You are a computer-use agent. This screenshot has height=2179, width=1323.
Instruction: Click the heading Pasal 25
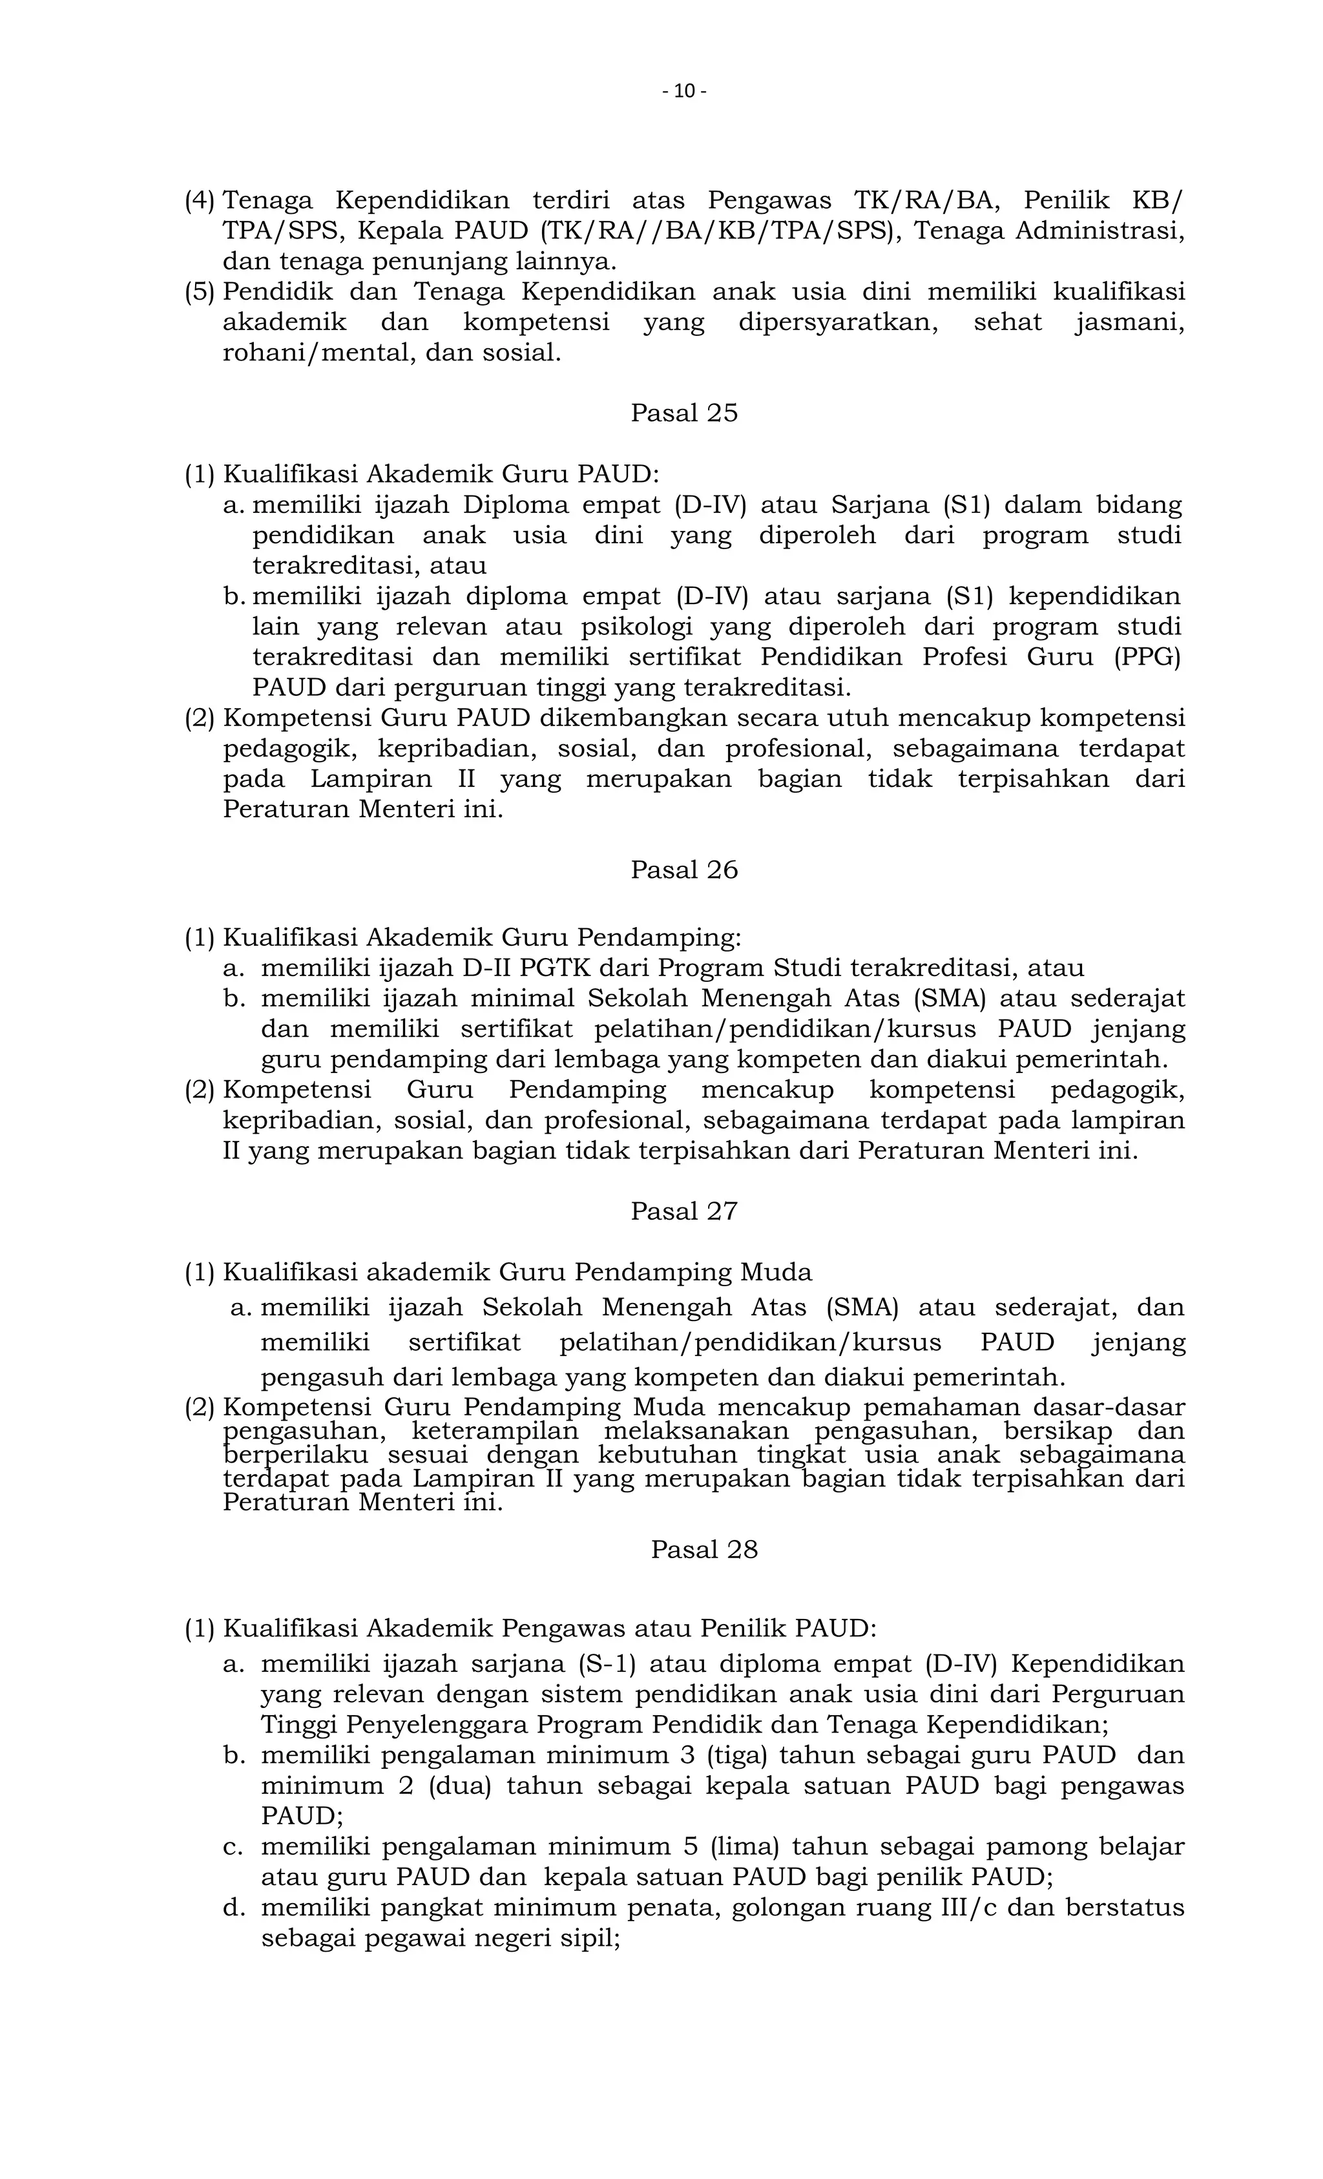(x=683, y=413)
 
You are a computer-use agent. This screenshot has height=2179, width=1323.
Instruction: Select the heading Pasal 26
(x=683, y=870)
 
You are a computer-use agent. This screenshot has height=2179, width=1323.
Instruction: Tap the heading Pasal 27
(x=683, y=1211)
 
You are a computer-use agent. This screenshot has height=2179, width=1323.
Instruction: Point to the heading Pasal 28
(x=704, y=1549)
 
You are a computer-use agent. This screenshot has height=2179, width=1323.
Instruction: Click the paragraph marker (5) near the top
(x=199, y=292)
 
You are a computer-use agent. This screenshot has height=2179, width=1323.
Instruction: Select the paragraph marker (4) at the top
(x=199, y=201)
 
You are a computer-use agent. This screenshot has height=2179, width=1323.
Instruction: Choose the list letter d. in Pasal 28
(x=233, y=1908)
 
